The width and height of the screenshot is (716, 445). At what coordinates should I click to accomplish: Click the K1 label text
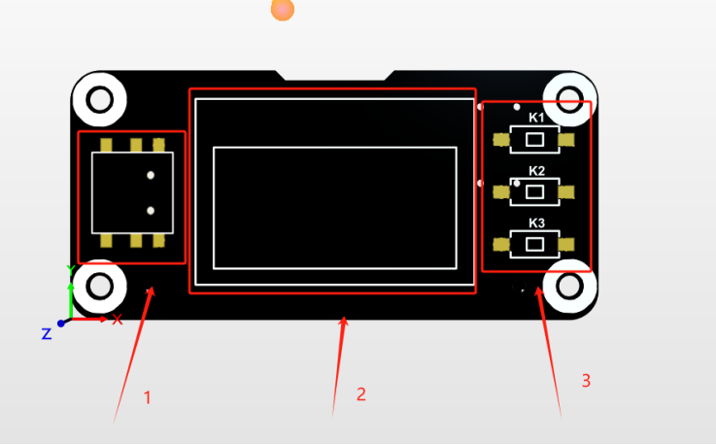[536, 118]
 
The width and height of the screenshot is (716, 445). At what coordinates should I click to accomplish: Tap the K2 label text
[536, 171]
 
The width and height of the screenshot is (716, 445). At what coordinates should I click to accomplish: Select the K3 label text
[536, 223]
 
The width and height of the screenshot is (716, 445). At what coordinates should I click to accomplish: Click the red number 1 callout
[148, 397]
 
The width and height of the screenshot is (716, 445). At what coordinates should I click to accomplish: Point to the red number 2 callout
[361, 394]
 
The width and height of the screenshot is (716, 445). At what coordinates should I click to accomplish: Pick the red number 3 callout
[586, 381]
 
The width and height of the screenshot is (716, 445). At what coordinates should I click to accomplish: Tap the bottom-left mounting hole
[99, 286]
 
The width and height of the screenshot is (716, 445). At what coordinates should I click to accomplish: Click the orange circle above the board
[282, 10]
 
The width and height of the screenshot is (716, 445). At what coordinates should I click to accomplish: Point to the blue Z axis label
[46, 333]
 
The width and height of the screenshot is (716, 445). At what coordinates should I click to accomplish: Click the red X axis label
[118, 320]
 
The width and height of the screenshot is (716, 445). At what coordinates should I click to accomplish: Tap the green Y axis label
[69, 270]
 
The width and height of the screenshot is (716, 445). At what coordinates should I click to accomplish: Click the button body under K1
[534, 140]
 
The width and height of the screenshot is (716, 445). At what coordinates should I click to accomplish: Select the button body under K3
[534, 244]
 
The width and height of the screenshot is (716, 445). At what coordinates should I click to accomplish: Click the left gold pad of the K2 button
[501, 192]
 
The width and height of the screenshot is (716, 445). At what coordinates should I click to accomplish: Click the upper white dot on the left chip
[151, 176]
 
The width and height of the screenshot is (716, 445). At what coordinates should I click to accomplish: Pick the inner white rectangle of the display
[334, 208]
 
